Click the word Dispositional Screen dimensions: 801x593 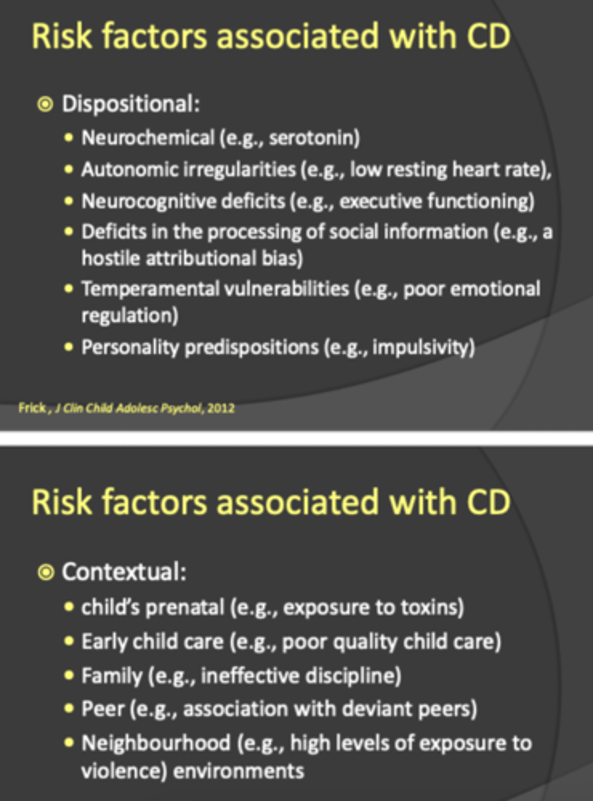tap(130, 105)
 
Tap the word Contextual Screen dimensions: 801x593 tap(123, 572)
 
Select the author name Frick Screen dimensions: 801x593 tap(31, 408)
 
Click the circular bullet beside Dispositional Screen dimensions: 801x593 tap(45, 105)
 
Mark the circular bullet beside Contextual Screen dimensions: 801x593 tap(45, 572)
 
